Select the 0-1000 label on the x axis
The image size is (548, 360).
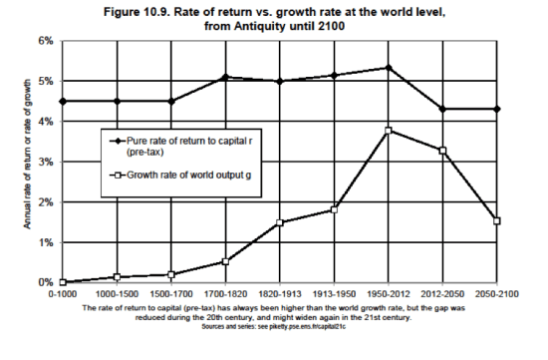point(61,296)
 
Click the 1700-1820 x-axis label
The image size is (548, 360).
point(225,296)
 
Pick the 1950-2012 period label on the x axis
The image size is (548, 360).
point(388,296)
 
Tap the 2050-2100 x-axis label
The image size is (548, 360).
point(495,296)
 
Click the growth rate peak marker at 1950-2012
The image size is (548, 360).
point(388,131)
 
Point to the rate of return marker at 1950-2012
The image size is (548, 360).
point(388,68)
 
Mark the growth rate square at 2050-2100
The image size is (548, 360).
point(495,221)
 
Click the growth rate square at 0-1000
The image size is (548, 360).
point(62,282)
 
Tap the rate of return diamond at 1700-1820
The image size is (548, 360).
point(225,77)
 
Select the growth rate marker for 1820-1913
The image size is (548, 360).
point(280,222)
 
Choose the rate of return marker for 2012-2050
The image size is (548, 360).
point(441,109)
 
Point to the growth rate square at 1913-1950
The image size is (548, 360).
point(334,209)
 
